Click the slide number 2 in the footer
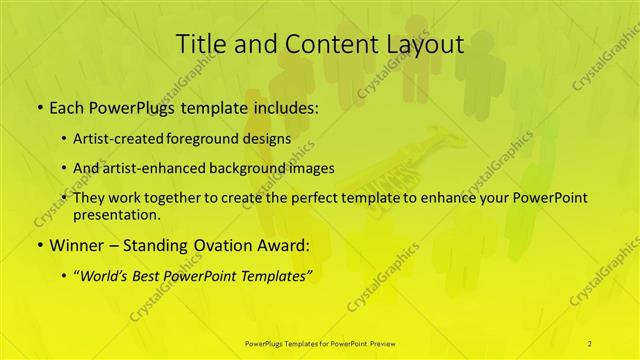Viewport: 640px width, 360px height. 590,343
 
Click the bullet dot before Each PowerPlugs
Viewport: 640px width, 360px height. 39,108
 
